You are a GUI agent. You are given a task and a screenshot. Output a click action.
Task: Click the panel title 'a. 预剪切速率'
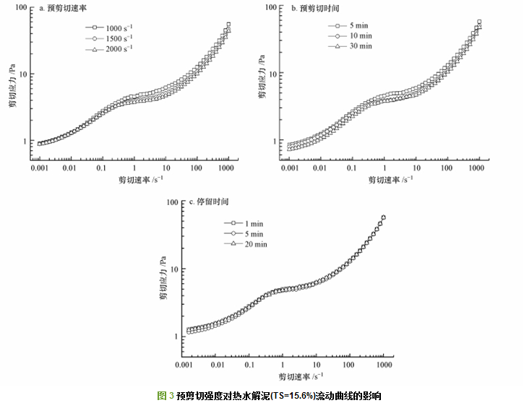pos(61,9)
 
